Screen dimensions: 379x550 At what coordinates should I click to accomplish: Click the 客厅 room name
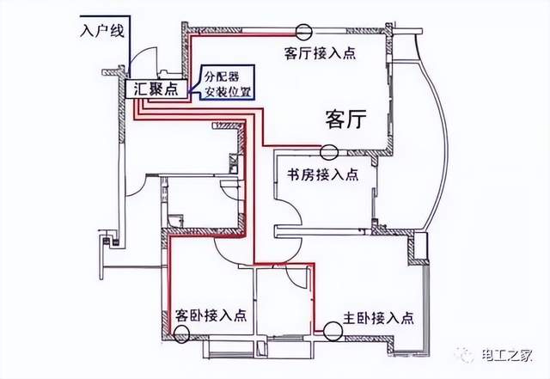(x=346, y=119)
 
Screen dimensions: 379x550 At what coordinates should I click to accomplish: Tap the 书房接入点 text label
(x=321, y=174)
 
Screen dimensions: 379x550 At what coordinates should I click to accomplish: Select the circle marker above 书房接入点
(x=328, y=153)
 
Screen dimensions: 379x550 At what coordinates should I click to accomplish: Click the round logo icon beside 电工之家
(x=465, y=355)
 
